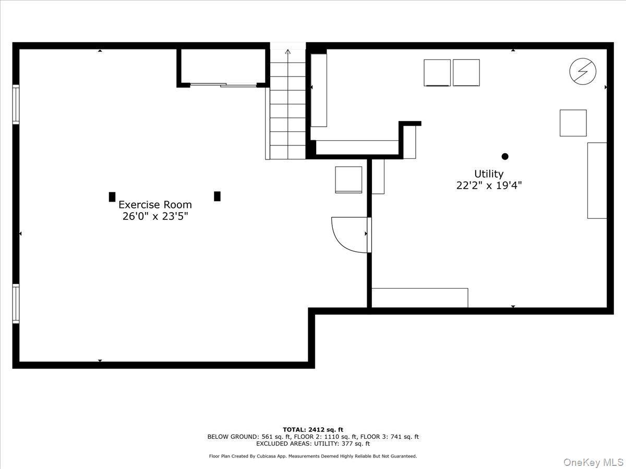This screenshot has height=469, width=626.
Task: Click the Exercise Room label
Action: [x=155, y=205]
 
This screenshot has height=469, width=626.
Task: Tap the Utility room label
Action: [x=488, y=174]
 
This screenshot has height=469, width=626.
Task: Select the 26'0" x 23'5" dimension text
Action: [x=155, y=216]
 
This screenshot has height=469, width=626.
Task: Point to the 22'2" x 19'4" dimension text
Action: [x=488, y=185]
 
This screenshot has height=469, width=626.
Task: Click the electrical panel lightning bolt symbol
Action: [x=582, y=71]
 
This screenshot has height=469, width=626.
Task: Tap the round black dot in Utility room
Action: [x=504, y=156]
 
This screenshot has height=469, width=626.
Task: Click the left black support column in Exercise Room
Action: [x=112, y=196]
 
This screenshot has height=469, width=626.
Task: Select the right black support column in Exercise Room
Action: [x=217, y=196]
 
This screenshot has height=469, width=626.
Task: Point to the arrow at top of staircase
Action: [x=287, y=52]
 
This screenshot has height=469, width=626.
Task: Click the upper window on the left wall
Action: [x=16, y=105]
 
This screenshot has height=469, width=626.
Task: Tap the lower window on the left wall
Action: [x=16, y=304]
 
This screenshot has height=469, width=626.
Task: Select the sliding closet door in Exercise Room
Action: [x=223, y=84]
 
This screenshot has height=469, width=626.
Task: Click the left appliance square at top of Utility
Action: [x=437, y=72]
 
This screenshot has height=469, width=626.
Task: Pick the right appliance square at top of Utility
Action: [x=466, y=72]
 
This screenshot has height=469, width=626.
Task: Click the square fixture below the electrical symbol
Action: [x=573, y=123]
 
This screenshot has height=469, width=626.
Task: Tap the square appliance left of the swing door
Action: [x=348, y=180]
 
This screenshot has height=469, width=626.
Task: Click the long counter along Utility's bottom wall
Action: [x=419, y=298]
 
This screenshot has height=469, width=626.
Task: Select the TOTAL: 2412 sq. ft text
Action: [x=313, y=429]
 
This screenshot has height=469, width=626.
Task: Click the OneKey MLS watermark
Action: [x=595, y=462]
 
